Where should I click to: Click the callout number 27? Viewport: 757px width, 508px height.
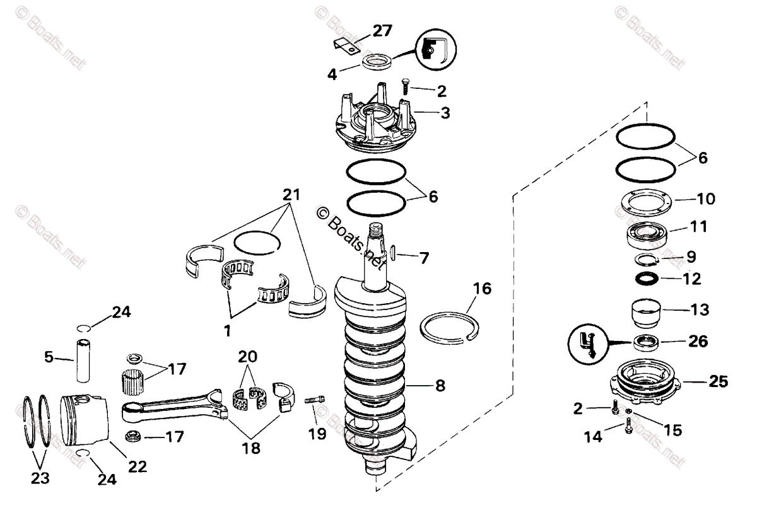pyautogui.click(x=382, y=30)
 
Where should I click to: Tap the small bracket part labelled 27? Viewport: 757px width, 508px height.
pyautogui.click(x=346, y=45)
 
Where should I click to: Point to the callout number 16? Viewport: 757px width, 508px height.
pyautogui.click(x=482, y=290)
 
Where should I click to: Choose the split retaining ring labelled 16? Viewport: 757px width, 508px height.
pyautogui.click(x=450, y=328)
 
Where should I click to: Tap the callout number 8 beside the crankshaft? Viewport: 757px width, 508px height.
pyautogui.click(x=439, y=384)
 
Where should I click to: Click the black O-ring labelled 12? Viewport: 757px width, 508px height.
pyautogui.click(x=646, y=277)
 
